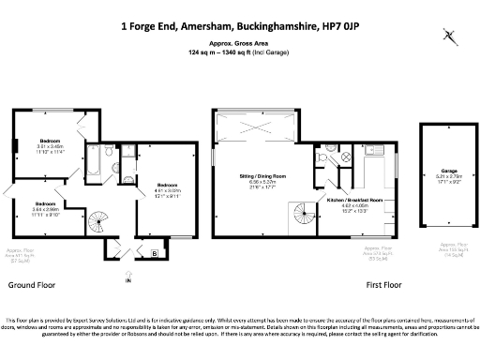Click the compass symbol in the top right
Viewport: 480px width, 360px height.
coord(451,37)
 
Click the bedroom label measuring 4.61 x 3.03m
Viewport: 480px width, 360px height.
coord(169,185)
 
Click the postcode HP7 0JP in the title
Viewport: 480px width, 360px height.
coord(340,26)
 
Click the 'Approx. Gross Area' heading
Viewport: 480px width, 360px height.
coord(239,44)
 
